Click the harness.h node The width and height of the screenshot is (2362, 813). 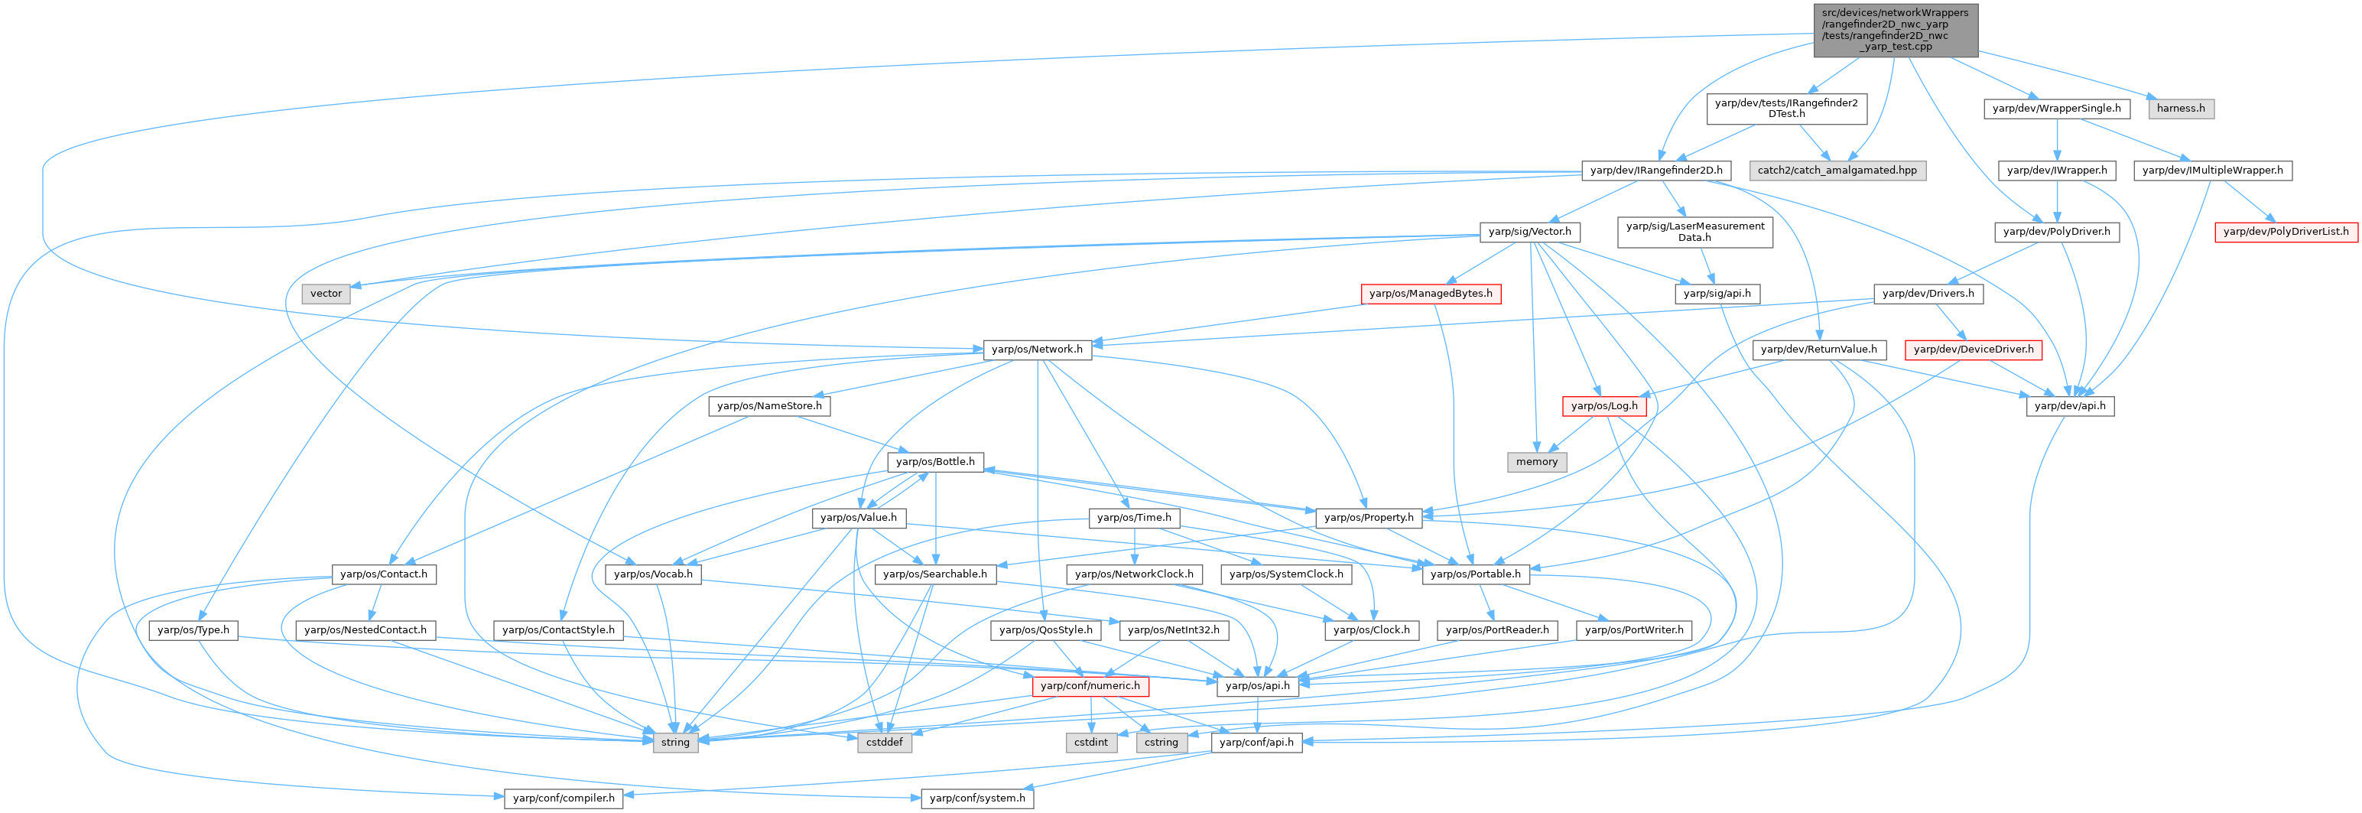tap(2181, 109)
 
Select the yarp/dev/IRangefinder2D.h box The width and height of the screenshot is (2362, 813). tap(1656, 170)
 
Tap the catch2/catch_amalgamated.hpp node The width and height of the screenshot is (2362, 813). tap(1837, 170)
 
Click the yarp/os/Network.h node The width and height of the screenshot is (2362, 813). tap(1036, 350)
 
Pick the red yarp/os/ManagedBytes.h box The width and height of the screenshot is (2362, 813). tap(1431, 294)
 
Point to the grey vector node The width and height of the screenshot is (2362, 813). tap(326, 294)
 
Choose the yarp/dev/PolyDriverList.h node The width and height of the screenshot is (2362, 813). tap(2286, 231)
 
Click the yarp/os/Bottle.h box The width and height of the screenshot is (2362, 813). tap(935, 461)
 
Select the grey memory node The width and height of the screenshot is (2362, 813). tap(1537, 461)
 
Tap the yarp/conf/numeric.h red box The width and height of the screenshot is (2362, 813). tap(1090, 685)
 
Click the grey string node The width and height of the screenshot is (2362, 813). tap(675, 743)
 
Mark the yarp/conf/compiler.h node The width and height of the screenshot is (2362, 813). tap(564, 798)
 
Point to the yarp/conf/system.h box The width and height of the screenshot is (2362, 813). tap(977, 798)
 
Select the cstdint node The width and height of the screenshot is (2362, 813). tap(1091, 743)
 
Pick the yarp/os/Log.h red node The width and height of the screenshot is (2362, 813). tap(1603, 405)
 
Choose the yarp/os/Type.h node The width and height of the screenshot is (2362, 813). tap(193, 630)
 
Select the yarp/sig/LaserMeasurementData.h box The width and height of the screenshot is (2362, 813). tap(1694, 231)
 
